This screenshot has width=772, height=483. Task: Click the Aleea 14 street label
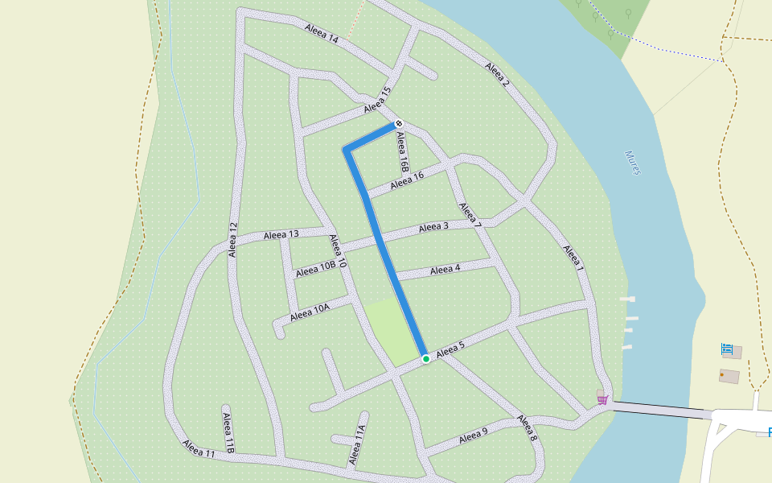click(x=322, y=34)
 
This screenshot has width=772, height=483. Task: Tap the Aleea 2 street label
click(x=498, y=73)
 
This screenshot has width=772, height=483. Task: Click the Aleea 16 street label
click(x=407, y=182)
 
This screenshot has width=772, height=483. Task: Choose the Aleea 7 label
click(x=470, y=214)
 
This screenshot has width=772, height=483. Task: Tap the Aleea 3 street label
click(x=433, y=228)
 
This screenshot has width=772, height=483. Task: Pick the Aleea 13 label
click(x=281, y=235)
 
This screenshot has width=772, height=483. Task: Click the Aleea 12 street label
click(x=233, y=239)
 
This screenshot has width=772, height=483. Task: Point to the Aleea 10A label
click(x=310, y=310)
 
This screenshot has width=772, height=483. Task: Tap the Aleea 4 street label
click(x=445, y=270)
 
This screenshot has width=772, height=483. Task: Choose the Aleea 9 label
click(x=473, y=436)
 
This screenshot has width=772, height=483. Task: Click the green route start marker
click(x=425, y=358)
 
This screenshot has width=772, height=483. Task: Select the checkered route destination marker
click(x=398, y=123)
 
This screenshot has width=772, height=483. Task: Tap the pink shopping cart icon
click(x=602, y=399)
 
